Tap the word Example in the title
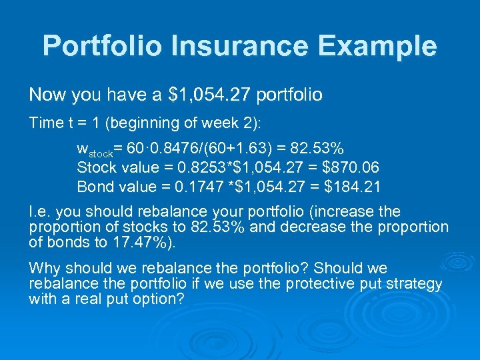[375, 46]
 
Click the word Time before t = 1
[44, 123]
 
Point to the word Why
[43, 268]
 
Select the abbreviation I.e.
[39, 212]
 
